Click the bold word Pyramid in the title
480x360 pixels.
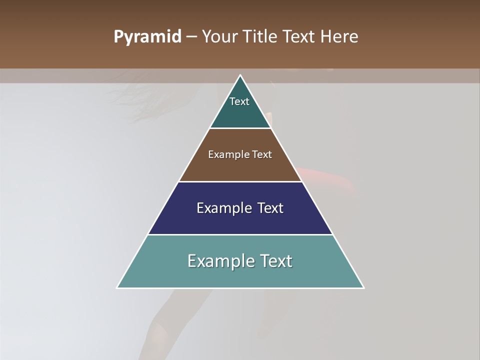pyautogui.click(x=147, y=37)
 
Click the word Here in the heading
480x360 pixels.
pyautogui.click(x=339, y=37)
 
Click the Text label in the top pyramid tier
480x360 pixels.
pyautogui.click(x=239, y=101)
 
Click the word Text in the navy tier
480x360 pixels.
pyautogui.click(x=271, y=208)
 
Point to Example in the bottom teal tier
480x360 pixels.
pyautogui.click(x=220, y=261)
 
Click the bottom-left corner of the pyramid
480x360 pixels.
pyautogui.click(x=117, y=287)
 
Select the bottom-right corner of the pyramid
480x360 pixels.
pyautogui.click(x=363, y=287)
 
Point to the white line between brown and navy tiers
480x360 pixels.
pyautogui.click(x=240, y=181)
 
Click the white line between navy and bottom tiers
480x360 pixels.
pyautogui.click(x=240, y=234)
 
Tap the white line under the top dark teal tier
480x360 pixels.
pyautogui.click(x=240, y=128)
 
